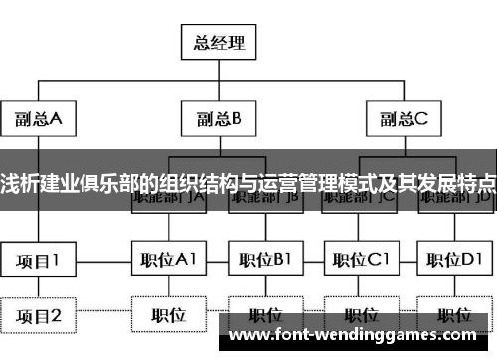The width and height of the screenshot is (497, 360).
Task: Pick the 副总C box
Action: click(x=403, y=120)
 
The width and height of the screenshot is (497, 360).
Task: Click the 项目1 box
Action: click(x=39, y=261)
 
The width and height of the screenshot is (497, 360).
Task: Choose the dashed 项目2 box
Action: click(x=39, y=316)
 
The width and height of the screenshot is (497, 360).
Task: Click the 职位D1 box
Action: click(x=454, y=261)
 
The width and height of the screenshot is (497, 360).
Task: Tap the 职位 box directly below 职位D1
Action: click(x=454, y=316)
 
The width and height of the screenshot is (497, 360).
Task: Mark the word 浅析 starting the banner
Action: click(x=16, y=184)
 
